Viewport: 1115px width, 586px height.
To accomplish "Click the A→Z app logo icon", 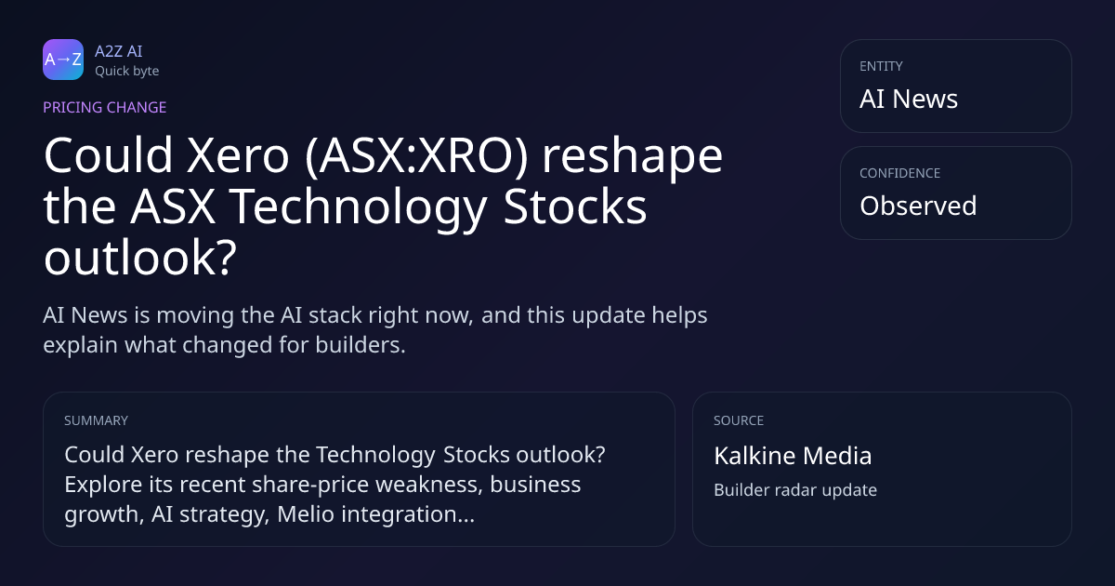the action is (x=63, y=60).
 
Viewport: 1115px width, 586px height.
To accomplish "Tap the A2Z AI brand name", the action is (x=119, y=51).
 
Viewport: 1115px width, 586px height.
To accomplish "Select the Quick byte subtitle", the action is (x=127, y=72).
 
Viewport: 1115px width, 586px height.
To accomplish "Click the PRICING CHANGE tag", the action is (x=104, y=107).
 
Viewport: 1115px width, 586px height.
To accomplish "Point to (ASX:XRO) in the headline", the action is (x=416, y=156).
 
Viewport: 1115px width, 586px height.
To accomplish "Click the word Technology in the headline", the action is (x=358, y=206).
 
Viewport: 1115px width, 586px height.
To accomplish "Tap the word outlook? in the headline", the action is (x=140, y=258).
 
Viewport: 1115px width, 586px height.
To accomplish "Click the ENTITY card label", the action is (x=881, y=66).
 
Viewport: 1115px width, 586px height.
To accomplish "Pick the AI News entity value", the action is (x=909, y=99).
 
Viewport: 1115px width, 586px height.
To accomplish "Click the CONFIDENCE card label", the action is (x=900, y=173).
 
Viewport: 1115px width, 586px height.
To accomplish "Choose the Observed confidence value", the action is (x=918, y=206).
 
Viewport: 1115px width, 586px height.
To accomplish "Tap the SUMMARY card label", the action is (x=96, y=420).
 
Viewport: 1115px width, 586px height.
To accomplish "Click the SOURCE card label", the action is (x=739, y=420).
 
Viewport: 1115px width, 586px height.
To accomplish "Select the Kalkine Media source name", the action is (x=793, y=456).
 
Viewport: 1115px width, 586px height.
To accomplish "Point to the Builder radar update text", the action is (x=795, y=490).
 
